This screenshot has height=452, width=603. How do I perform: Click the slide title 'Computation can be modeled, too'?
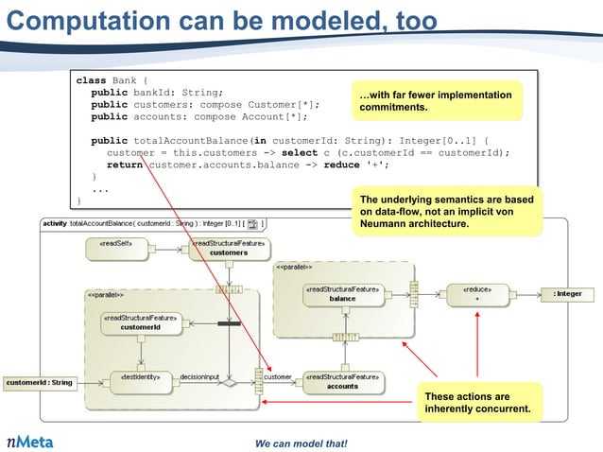pos(223,20)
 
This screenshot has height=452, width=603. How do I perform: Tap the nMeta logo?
pos(30,441)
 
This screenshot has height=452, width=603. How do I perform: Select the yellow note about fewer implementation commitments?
pos(437,101)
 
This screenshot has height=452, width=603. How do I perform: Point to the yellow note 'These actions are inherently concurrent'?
pos(481,403)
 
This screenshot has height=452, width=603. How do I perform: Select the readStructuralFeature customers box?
pos(228,248)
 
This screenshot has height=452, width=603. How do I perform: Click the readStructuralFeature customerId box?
pos(138,322)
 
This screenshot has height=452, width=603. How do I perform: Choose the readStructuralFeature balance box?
pos(342,293)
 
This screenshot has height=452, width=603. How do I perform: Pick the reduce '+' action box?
pos(476,293)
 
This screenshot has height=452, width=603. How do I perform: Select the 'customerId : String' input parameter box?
pos(39,383)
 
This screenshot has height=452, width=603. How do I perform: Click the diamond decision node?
pos(227,384)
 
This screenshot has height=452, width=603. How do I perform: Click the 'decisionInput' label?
pos(199,376)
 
